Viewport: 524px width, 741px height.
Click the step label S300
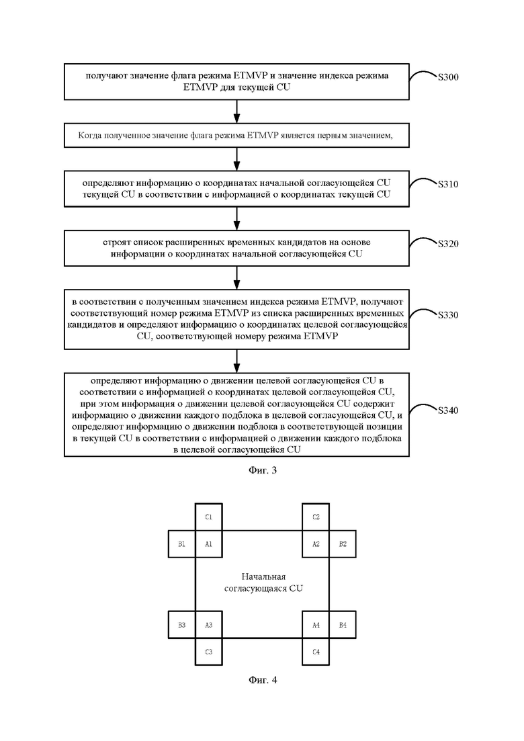pos(448,77)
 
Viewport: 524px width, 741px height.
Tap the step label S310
pos(448,184)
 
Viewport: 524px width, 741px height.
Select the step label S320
pos(448,244)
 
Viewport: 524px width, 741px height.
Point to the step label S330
pos(448,314)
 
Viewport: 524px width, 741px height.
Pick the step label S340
pos(448,410)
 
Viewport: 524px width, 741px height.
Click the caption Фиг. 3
pos(263,470)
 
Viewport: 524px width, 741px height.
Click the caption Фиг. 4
pos(263,680)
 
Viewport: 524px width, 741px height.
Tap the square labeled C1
pos(209,517)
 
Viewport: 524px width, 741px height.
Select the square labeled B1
pos(182,544)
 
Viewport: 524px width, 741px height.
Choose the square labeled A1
pos(209,544)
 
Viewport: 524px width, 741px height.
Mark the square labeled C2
pos(316,517)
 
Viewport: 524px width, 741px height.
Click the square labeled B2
pos(343,544)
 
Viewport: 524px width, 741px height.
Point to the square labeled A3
pos(209,625)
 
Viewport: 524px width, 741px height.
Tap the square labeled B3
pos(182,625)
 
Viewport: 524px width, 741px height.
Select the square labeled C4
pos(316,652)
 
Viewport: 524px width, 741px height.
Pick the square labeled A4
pos(316,625)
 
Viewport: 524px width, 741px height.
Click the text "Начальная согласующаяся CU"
pos(263,582)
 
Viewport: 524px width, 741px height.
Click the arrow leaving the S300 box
pos(237,112)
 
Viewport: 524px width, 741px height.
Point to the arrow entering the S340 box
pos(237,361)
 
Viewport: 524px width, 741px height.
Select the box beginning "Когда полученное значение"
pos(236,136)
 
